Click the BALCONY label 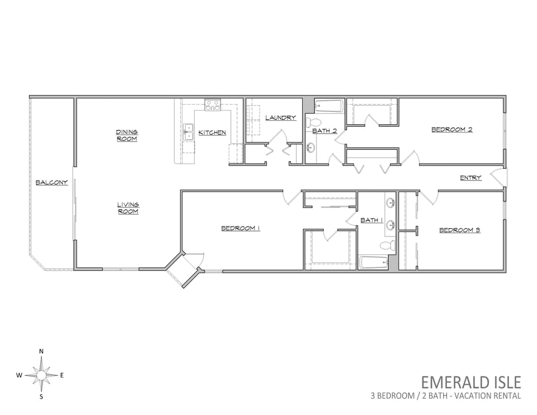pos(51,182)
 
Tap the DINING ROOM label pos(127,135)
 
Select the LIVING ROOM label pos(128,208)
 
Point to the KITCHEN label pos(213,132)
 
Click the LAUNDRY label pos(280,117)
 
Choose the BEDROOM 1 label pos(241,228)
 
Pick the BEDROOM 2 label pos(452,129)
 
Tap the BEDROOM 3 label pos(460,230)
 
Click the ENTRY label pos(470,178)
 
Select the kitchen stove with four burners pos(213,105)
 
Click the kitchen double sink pos(189,132)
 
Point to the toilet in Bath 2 pos(313,121)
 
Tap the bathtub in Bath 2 pos(328,106)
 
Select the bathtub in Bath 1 pos(374,263)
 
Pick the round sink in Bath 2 pos(310,148)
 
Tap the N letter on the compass pos(41,351)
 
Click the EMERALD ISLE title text pos(471,382)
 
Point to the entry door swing pos(497,178)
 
